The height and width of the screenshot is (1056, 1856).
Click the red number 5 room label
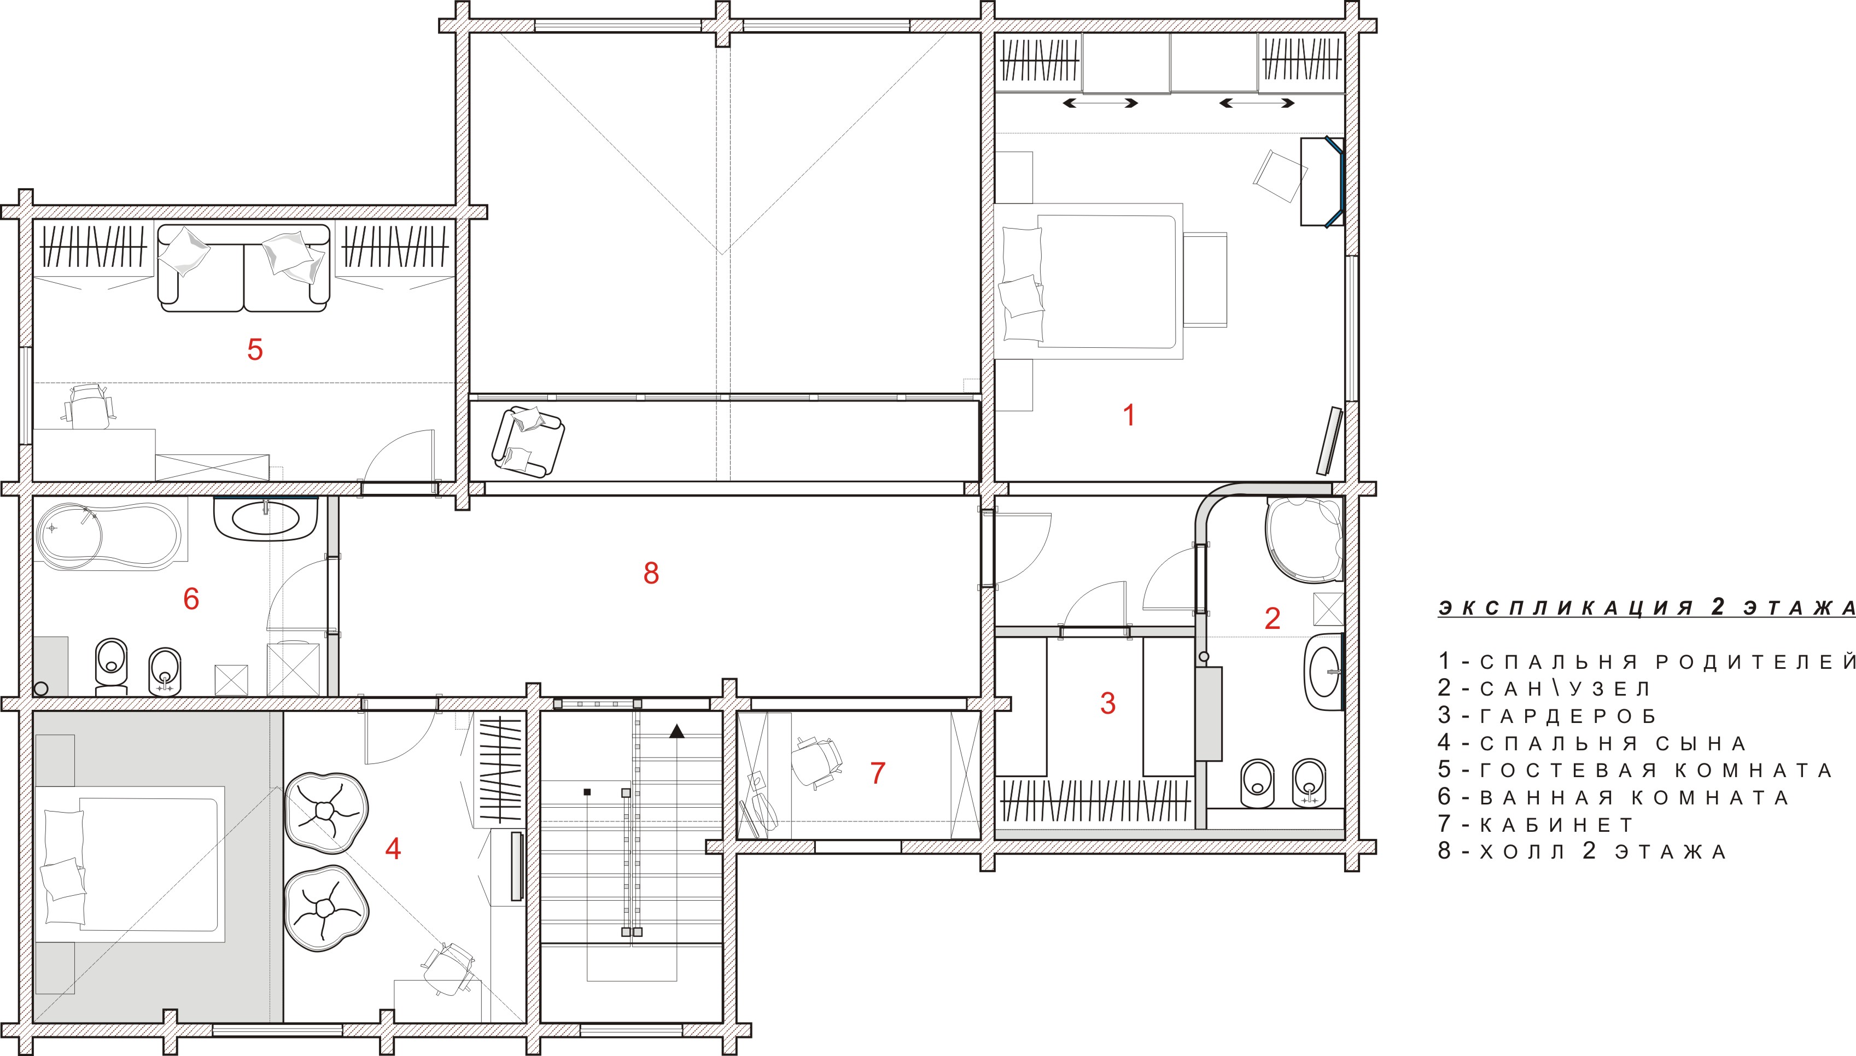(254, 349)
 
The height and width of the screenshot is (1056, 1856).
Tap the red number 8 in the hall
(651, 573)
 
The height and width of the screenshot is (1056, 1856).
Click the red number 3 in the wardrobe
(1108, 703)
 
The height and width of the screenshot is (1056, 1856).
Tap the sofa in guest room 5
(243, 269)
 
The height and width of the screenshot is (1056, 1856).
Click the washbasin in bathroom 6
(266, 518)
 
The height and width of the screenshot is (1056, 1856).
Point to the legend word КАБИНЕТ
(1556, 825)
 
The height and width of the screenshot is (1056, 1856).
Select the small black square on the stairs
(588, 791)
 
